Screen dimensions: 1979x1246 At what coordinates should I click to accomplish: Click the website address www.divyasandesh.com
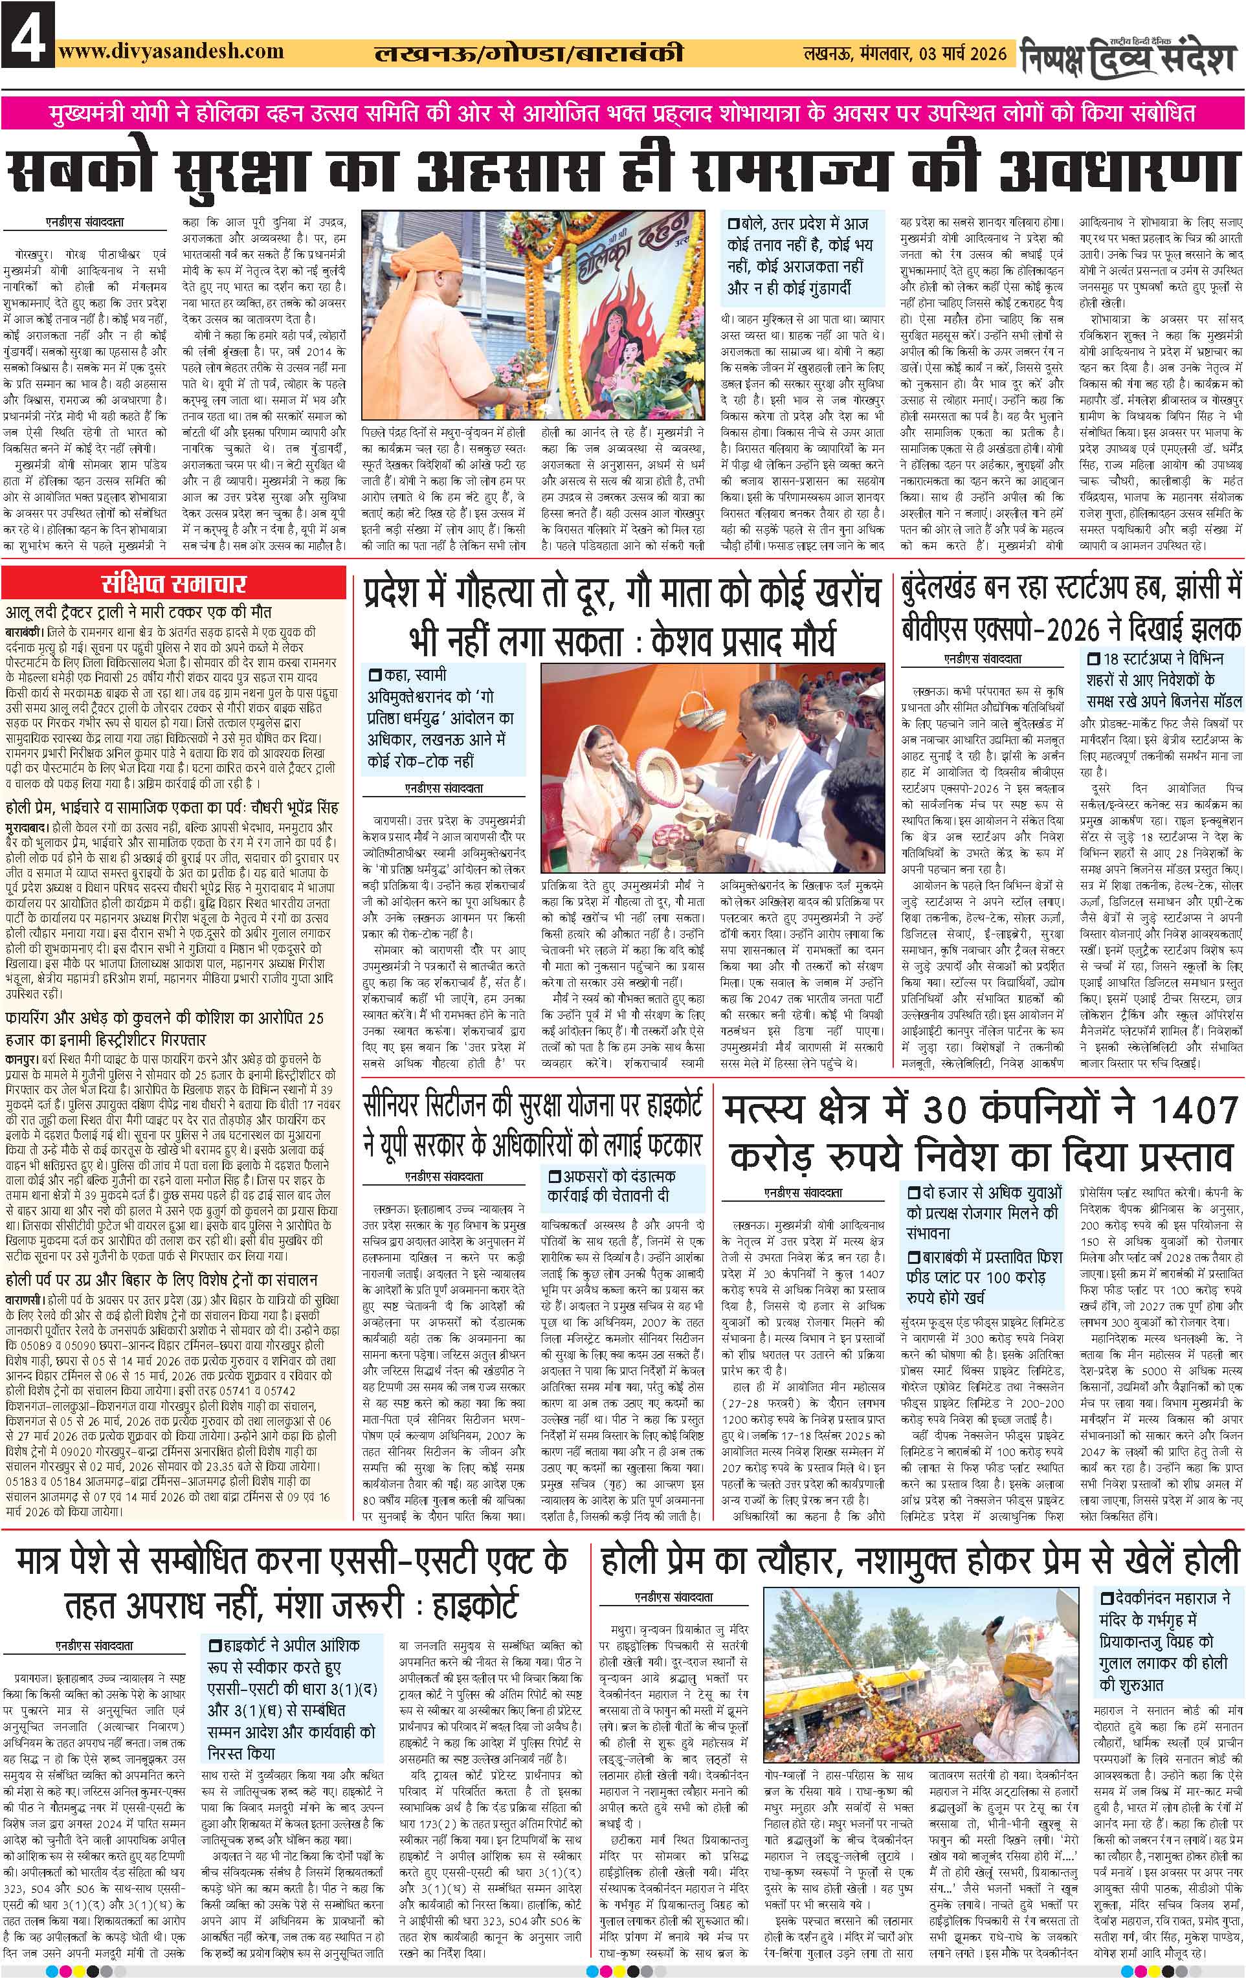pos(172,51)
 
